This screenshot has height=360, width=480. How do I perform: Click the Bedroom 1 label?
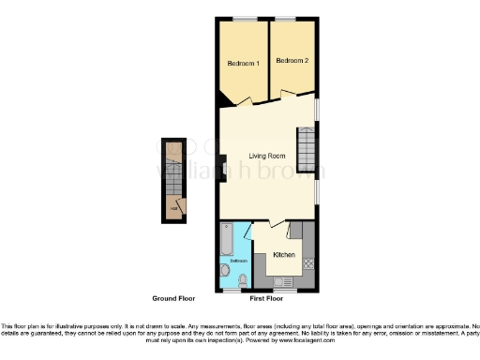(x=244, y=64)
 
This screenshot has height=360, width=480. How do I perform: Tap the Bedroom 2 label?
(x=292, y=61)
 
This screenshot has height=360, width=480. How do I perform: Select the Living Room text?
(x=267, y=156)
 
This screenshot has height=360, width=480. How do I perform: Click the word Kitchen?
(x=284, y=255)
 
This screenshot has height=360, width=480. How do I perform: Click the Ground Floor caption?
(x=173, y=298)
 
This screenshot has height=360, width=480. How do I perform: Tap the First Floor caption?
(x=267, y=298)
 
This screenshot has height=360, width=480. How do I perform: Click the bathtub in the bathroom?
(x=226, y=240)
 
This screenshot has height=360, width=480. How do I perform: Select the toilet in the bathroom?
(x=243, y=280)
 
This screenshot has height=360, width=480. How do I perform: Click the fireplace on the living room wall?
(x=223, y=170)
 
